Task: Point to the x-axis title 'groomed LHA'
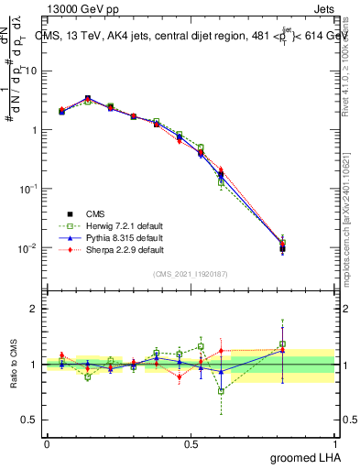click(x=307, y=457)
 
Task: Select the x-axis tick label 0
click(x=47, y=443)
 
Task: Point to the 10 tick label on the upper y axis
click(x=31, y=71)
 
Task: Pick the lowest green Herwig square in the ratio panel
click(x=221, y=391)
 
